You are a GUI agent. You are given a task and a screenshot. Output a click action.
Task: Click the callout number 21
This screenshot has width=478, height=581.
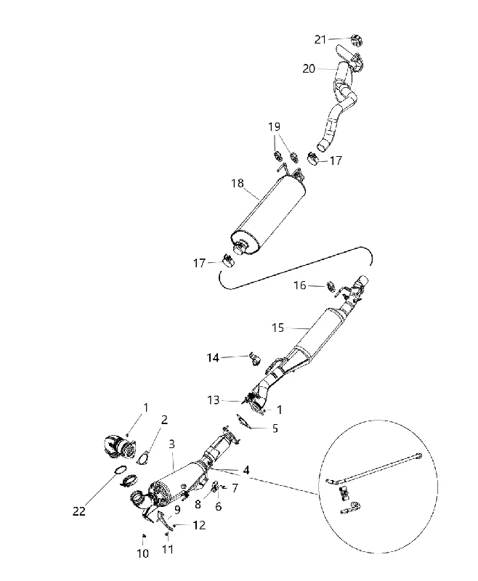[320, 39]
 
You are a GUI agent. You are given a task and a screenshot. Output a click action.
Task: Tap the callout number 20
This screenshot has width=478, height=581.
[309, 68]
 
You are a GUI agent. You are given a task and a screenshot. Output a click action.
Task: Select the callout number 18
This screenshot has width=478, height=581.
[238, 183]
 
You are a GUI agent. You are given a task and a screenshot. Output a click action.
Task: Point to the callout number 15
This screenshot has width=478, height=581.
[278, 328]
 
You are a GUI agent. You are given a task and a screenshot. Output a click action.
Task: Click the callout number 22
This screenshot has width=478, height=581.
[79, 511]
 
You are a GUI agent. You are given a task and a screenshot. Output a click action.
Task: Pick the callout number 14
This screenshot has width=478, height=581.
[213, 358]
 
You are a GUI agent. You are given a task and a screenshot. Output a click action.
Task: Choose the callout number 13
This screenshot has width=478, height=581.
[214, 400]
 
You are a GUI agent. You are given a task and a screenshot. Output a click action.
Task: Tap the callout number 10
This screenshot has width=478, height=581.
[143, 553]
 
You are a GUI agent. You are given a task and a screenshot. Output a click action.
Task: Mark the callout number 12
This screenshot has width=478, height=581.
[199, 525]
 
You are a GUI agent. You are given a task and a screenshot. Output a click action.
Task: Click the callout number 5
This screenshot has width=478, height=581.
[275, 428]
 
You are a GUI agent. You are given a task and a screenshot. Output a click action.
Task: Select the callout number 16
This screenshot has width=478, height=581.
[300, 285]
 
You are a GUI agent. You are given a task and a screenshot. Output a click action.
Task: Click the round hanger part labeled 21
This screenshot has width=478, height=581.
[357, 41]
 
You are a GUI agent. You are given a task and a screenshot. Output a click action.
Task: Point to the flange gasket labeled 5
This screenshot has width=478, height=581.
[243, 422]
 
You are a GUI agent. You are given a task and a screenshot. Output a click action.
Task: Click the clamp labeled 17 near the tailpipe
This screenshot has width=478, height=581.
[315, 159]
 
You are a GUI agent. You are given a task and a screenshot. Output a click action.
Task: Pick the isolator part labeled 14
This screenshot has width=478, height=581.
[255, 359]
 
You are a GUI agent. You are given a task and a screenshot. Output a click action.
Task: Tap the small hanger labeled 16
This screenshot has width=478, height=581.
[330, 286]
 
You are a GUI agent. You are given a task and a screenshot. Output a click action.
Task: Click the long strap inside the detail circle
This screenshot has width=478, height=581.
[374, 468]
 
